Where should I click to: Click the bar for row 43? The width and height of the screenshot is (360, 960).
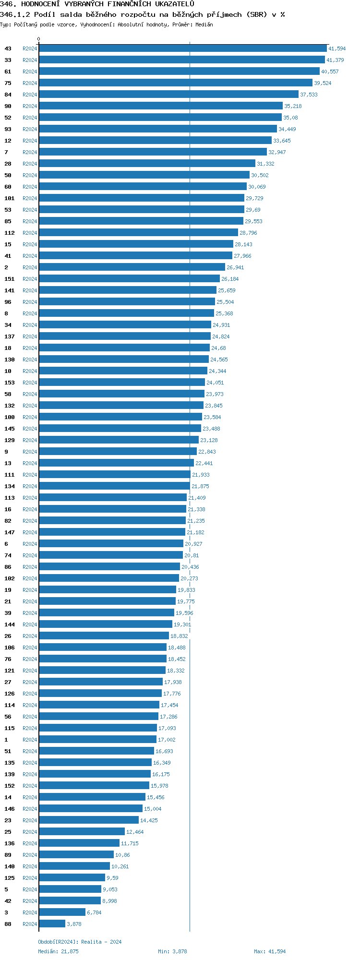coord(182,48)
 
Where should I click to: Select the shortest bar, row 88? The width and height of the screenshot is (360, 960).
coord(52,924)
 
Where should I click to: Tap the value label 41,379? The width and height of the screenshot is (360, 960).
coord(335,60)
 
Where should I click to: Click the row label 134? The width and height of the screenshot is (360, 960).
coord(10,486)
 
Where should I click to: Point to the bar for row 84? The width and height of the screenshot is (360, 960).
coord(168,95)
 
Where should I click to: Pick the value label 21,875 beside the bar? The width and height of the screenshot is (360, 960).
coord(200,486)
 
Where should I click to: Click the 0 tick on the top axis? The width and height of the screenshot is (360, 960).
coord(39,39)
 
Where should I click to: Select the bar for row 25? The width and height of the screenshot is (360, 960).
coord(82,832)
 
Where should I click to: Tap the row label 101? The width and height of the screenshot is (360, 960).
coord(10,198)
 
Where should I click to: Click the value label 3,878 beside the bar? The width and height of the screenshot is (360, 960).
coord(74,924)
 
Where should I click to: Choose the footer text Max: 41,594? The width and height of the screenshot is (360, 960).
coord(270,951)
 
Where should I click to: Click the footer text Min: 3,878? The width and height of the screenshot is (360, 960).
coord(172,951)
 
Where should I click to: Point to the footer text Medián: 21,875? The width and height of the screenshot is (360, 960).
coord(58,951)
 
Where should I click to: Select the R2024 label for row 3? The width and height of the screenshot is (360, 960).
coord(30,912)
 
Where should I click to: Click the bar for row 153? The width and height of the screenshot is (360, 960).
coord(122,383)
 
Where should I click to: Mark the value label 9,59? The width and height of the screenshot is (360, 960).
coord(112,878)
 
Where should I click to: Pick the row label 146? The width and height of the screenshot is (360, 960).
coord(10,809)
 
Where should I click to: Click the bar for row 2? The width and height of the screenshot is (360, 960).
coord(132,267)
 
